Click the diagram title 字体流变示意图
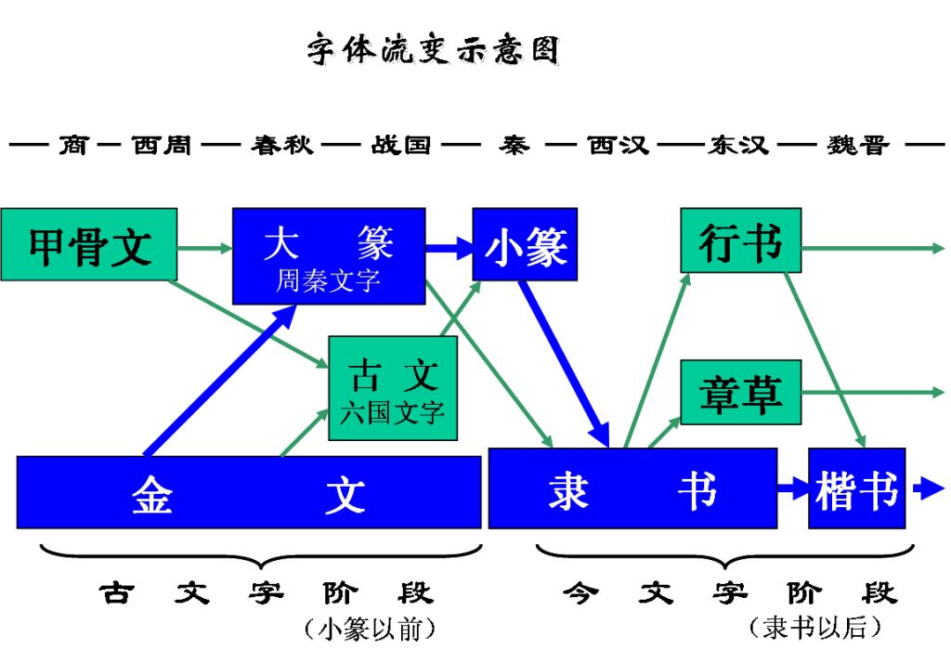[x=434, y=50]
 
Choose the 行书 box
[x=740, y=241]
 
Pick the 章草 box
[x=740, y=393]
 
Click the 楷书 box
[x=856, y=488]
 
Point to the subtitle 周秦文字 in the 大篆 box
[x=328, y=280]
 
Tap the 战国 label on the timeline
[x=401, y=146]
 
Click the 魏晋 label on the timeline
[x=857, y=146]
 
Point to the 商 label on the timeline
[x=73, y=146]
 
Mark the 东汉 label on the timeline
[x=737, y=146]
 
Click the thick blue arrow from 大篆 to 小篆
[x=449, y=248]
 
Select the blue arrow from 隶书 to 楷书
[x=792, y=488]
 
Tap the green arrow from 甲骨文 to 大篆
[x=204, y=248]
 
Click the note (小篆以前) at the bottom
[x=370, y=628]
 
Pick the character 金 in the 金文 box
[x=151, y=494]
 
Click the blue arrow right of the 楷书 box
[x=928, y=488]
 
